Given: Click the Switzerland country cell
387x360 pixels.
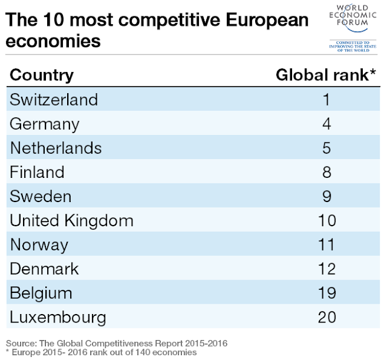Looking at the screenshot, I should pos(54,99).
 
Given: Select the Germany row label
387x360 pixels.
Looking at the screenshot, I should pos(45,124).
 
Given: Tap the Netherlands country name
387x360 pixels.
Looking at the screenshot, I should pos(56,148).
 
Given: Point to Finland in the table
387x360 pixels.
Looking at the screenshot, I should pos(36,172).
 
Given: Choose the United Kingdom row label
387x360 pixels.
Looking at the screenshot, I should pos(71,220).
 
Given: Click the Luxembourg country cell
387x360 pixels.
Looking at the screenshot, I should pos(58,317).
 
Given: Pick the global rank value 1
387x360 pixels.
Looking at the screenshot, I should pos(326,99).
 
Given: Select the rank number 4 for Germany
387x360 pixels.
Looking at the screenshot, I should pos(326,124).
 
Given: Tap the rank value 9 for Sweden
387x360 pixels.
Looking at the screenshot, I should pos(326,196).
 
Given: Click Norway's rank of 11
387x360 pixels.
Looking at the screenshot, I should pos(326,244).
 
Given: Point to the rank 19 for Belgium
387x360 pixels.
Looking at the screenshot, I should pos(326,293).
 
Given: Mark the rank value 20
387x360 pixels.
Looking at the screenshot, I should pos(326,317).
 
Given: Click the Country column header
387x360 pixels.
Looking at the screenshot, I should pos(42,75).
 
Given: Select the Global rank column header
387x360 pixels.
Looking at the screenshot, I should pos(322,75).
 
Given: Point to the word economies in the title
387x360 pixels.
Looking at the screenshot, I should pos(54,42).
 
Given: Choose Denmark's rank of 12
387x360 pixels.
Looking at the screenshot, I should pos(326,269).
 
